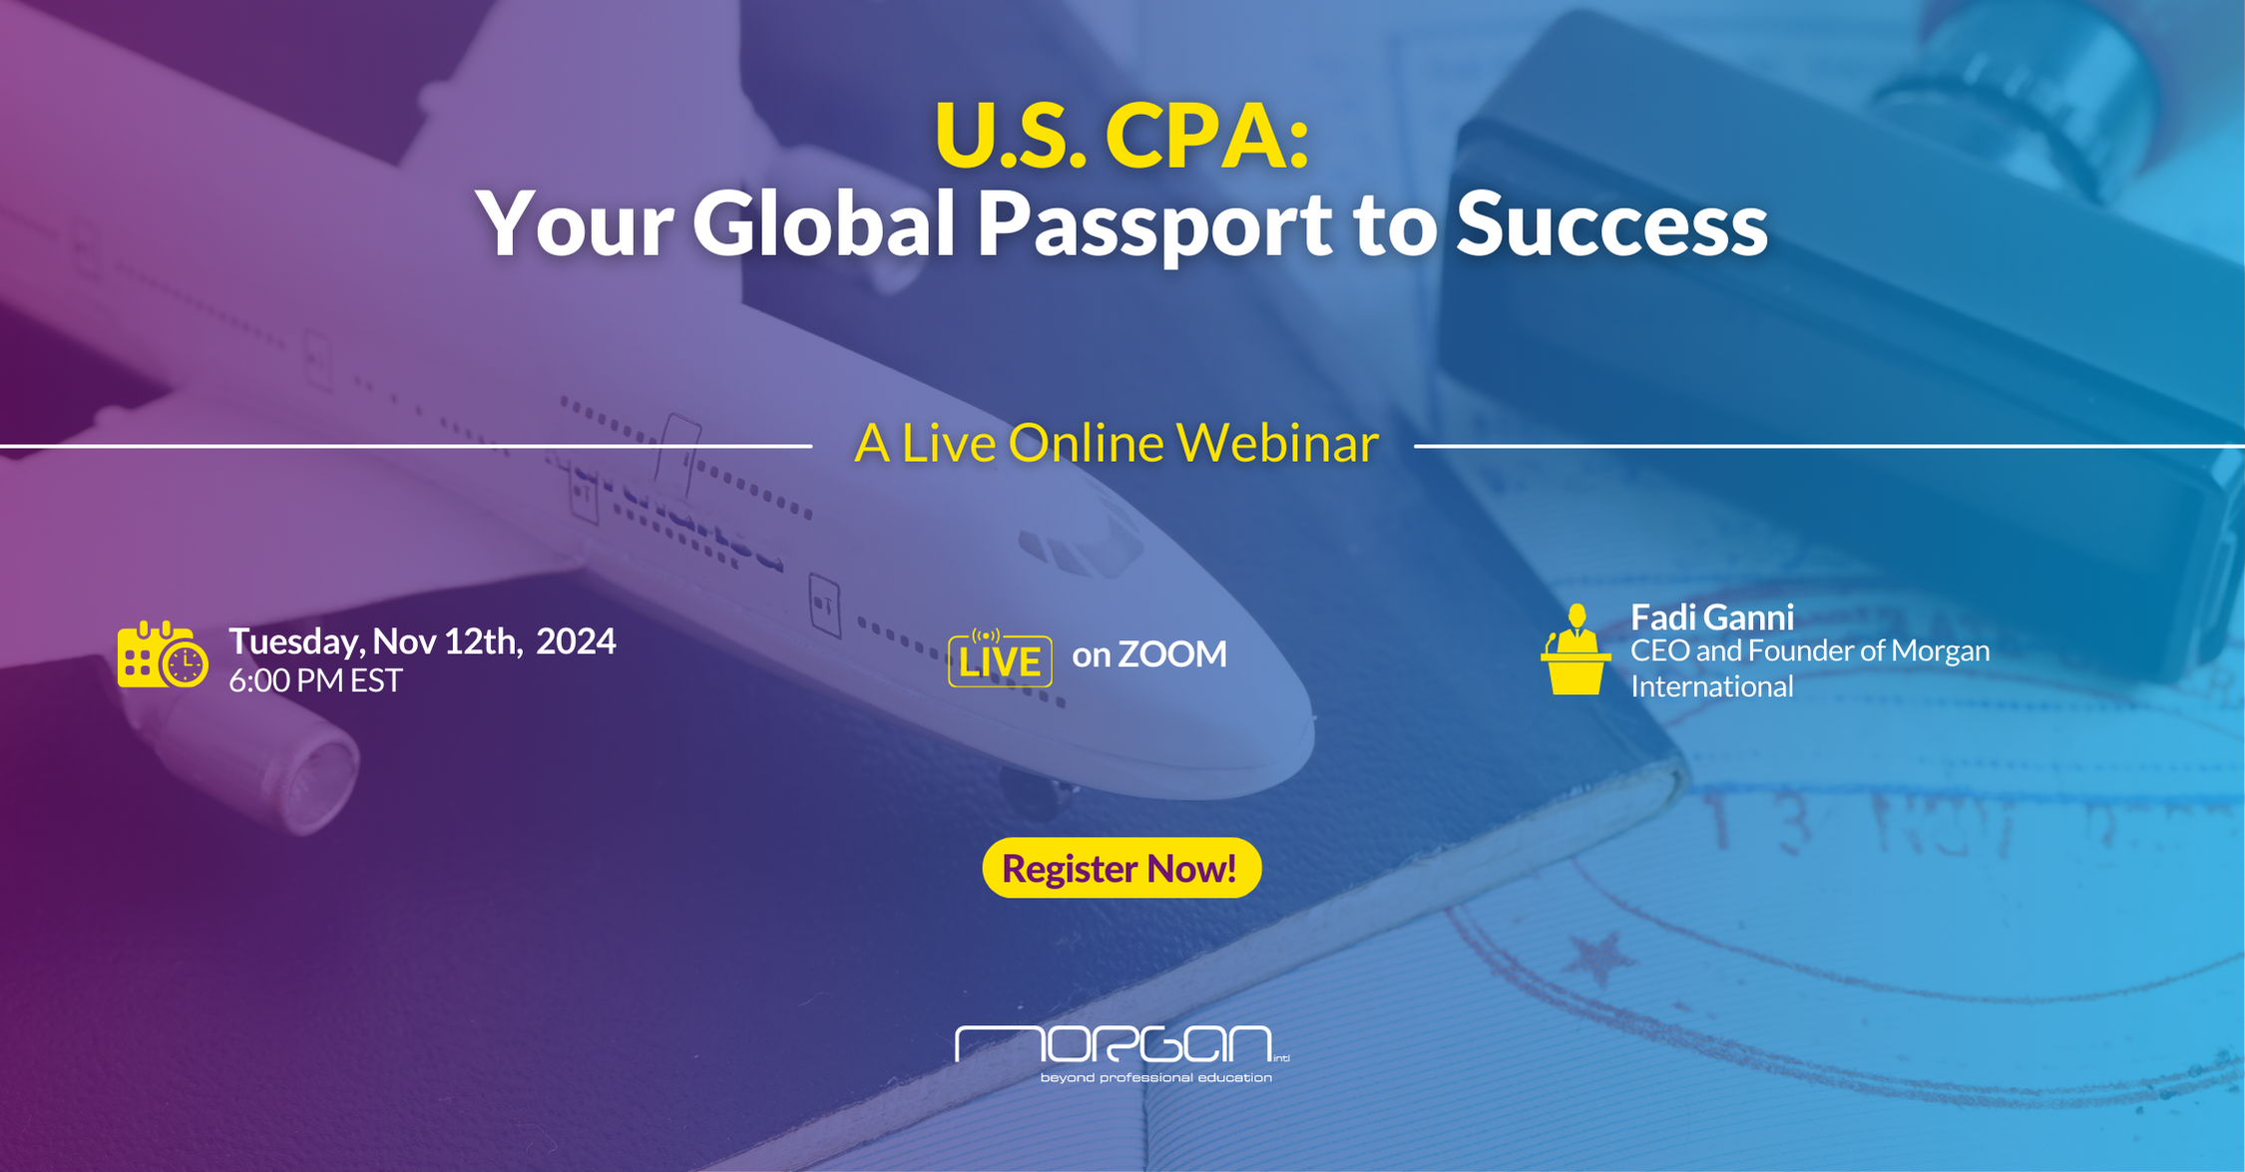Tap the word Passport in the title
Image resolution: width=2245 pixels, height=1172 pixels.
pyautogui.click(x=1152, y=225)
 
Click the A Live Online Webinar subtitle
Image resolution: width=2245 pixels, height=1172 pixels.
pyautogui.click(x=1116, y=443)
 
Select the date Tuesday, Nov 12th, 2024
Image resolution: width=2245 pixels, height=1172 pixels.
pyautogui.click(x=422, y=641)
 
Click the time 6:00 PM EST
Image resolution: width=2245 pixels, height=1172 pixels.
pyautogui.click(x=315, y=680)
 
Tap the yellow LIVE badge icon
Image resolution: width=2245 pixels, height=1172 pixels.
pyautogui.click(x=1000, y=658)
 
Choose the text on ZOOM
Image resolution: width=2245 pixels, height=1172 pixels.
pyautogui.click(x=1149, y=654)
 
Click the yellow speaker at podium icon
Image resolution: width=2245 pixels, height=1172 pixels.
pyautogui.click(x=1575, y=649)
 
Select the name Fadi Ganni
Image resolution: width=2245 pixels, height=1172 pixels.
pyautogui.click(x=1712, y=617)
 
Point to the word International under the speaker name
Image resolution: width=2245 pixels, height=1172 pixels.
pyautogui.click(x=1712, y=686)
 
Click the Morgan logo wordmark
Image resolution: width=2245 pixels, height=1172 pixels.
pyautogui.click(x=1114, y=1043)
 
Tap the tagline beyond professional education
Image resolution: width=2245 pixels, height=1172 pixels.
pyautogui.click(x=1156, y=1077)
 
